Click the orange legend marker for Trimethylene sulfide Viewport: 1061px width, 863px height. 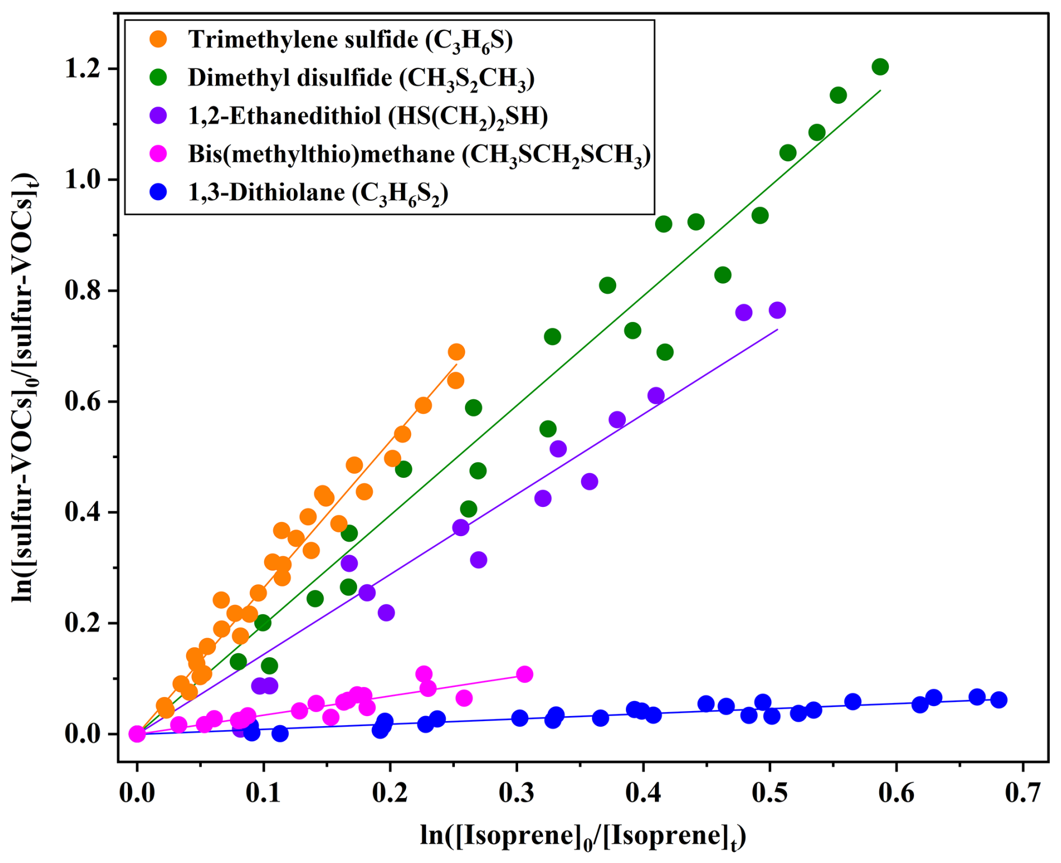point(159,39)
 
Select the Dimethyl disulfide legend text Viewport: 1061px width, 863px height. point(361,79)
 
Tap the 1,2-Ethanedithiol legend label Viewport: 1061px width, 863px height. point(368,117)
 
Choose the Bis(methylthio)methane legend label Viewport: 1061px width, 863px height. point(419,155)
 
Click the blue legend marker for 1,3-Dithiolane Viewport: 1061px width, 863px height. point(159,192)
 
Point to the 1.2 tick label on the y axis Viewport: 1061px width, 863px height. point(83,68)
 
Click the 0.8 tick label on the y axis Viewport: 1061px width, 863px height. point(83,290)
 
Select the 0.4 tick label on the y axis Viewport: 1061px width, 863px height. point(83,512)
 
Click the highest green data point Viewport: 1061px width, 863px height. point(880,67)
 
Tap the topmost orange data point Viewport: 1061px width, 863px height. point(456,352)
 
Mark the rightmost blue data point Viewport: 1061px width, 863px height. point(999,700)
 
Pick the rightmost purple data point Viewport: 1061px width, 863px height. point(777,310)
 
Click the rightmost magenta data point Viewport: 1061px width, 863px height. point(524,674)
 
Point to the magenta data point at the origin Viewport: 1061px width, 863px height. point(137,734)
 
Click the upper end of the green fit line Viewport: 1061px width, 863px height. point(880,90)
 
